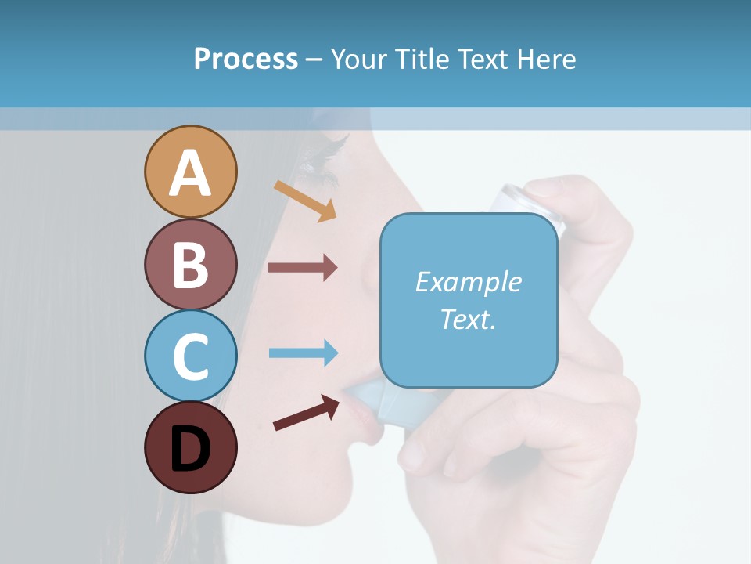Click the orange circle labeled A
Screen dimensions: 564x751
tap(190, 172)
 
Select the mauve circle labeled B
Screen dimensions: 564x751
tap(190, 264)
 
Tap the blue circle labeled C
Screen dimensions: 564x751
tap(190, 356)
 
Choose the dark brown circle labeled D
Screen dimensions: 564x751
tap(190, 447)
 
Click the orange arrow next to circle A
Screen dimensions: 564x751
tap(306, 201)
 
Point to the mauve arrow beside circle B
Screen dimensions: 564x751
tap(303, 268)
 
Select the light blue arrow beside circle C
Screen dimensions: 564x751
tap(303, 353)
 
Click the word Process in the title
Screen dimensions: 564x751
tap(246, 59)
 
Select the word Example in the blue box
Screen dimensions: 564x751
tap(468, 282)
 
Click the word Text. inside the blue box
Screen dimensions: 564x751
tap(468, 319)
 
